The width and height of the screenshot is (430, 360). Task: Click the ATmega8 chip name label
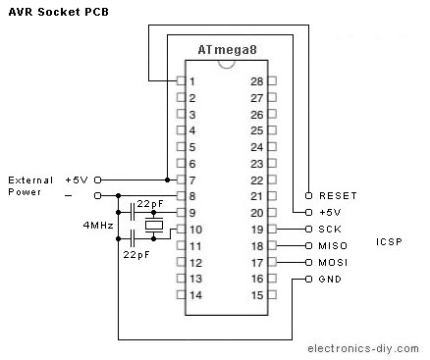pos(227,50)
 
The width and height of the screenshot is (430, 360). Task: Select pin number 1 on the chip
pos(193,81)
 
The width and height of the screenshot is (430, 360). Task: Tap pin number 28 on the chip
pos(257,81)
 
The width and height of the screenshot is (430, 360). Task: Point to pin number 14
pos(193,294)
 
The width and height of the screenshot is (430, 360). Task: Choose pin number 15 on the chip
pos(257,294)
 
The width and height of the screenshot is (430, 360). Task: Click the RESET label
pos(339,196)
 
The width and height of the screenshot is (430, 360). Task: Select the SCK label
pos(330,229)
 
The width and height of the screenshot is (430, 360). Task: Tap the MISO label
pos(332,245)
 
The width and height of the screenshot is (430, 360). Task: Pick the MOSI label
pos(332,262)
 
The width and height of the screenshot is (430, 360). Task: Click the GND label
pos(330,279)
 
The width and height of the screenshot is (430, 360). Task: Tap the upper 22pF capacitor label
pos(150,203)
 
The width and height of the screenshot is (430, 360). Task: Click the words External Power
pos(30,186)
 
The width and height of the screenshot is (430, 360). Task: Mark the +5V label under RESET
pos(330,212)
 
